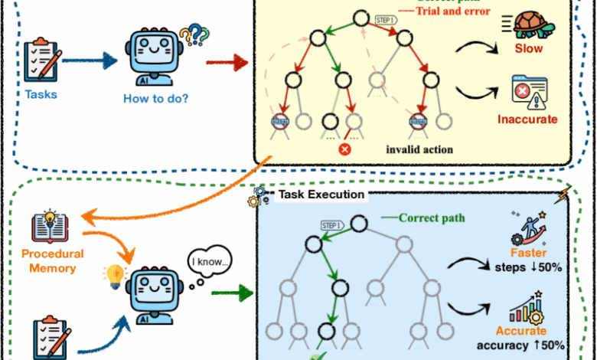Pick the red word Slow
tap(529, 48)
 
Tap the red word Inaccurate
tap(528, 119)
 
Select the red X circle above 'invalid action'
tap(344, 148)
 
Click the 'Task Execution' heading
tap(320, 195)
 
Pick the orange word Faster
tap(528, 254)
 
